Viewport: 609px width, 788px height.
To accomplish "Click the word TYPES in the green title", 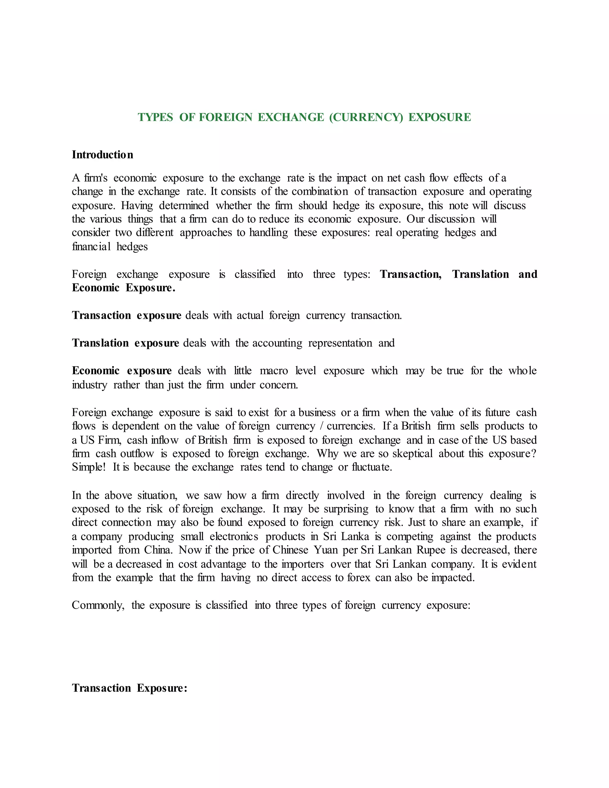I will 155,117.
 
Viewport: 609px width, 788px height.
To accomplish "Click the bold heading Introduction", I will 103,155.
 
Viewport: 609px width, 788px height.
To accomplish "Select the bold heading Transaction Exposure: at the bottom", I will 130,688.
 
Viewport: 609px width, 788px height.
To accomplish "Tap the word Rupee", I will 431,550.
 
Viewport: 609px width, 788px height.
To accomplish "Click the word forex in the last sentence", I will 359,578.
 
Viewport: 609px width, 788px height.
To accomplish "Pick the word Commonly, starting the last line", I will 98,605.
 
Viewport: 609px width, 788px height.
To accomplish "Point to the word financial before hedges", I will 91,247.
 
